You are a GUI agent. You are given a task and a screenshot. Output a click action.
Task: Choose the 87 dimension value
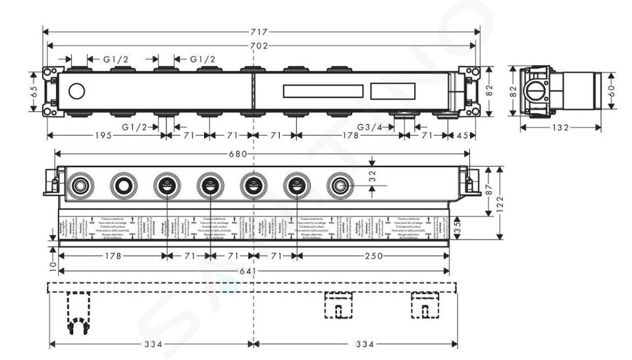click(x=488, y=190)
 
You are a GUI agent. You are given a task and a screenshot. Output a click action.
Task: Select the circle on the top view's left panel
click(x=77, y=92)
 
